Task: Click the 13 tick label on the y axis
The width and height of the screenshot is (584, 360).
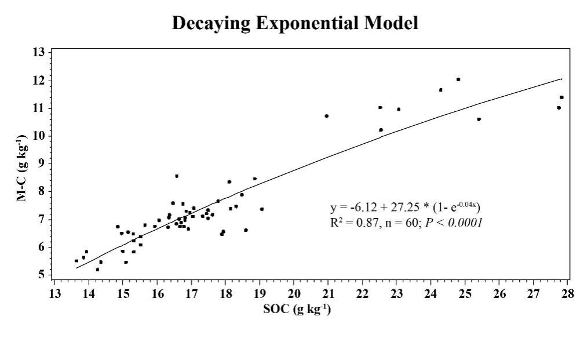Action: (39, 53)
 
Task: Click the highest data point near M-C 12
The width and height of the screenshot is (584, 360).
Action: (458, 79)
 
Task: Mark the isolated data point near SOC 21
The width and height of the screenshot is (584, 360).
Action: (327, 116)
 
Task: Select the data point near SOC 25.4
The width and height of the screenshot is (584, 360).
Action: (479, 119)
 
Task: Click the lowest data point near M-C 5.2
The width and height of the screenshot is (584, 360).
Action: (97, 270)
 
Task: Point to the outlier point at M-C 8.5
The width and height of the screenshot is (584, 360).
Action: (177, 176)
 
